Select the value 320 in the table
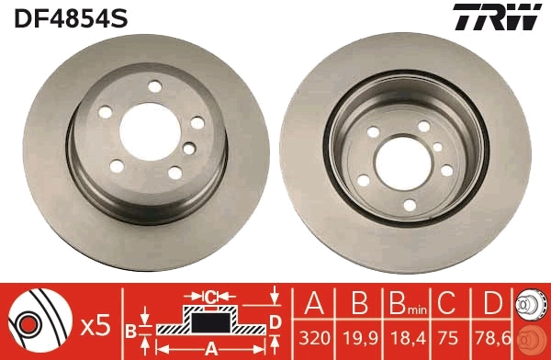click(315, 338)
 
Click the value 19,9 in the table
click(361, 338)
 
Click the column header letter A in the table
click(315, 304)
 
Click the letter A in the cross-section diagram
click(211, 348)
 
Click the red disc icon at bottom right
click(530, 338)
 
